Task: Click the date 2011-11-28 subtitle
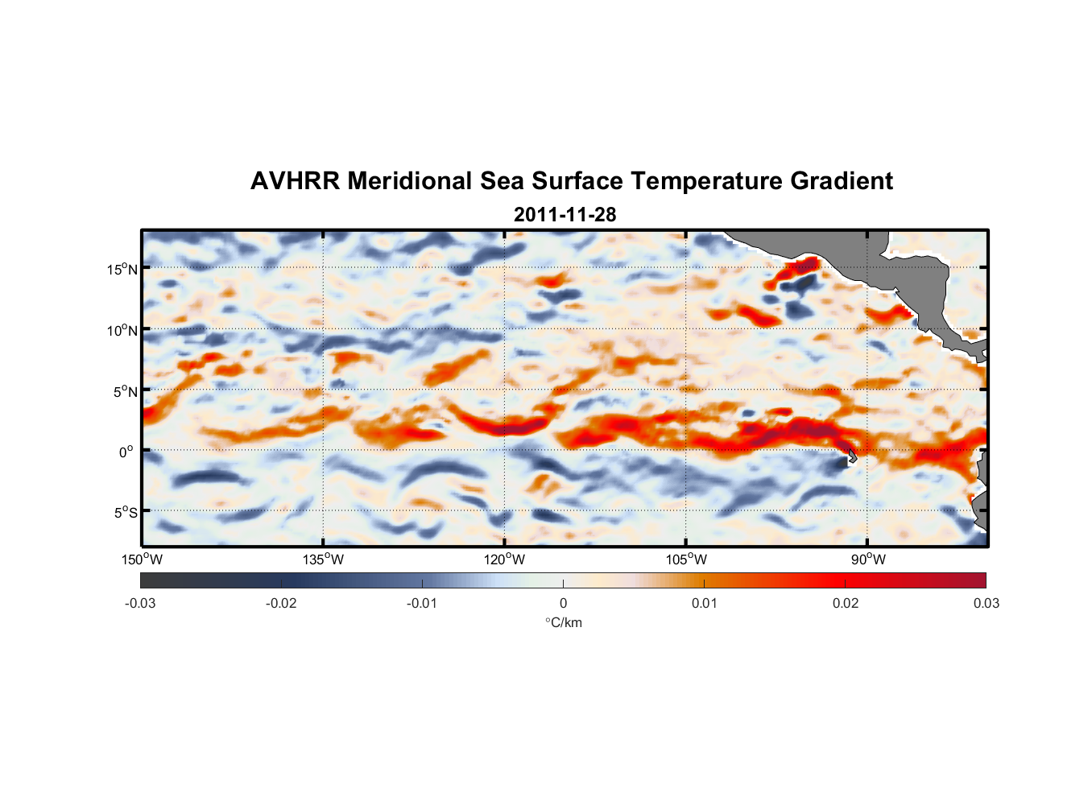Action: click(565, 215)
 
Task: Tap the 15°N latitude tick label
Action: click(122, 269)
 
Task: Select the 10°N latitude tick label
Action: click(122, 330)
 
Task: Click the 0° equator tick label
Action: click(126, 452)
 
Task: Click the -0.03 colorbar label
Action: click(140, 604)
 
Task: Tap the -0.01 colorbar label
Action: click(422, 604)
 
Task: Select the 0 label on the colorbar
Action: click(563, 604)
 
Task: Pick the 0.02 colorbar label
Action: click(846, 604)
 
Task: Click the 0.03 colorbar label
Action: click(986, 604)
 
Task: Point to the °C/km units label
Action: click(563, 622)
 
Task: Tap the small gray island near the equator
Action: click(850, 456)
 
